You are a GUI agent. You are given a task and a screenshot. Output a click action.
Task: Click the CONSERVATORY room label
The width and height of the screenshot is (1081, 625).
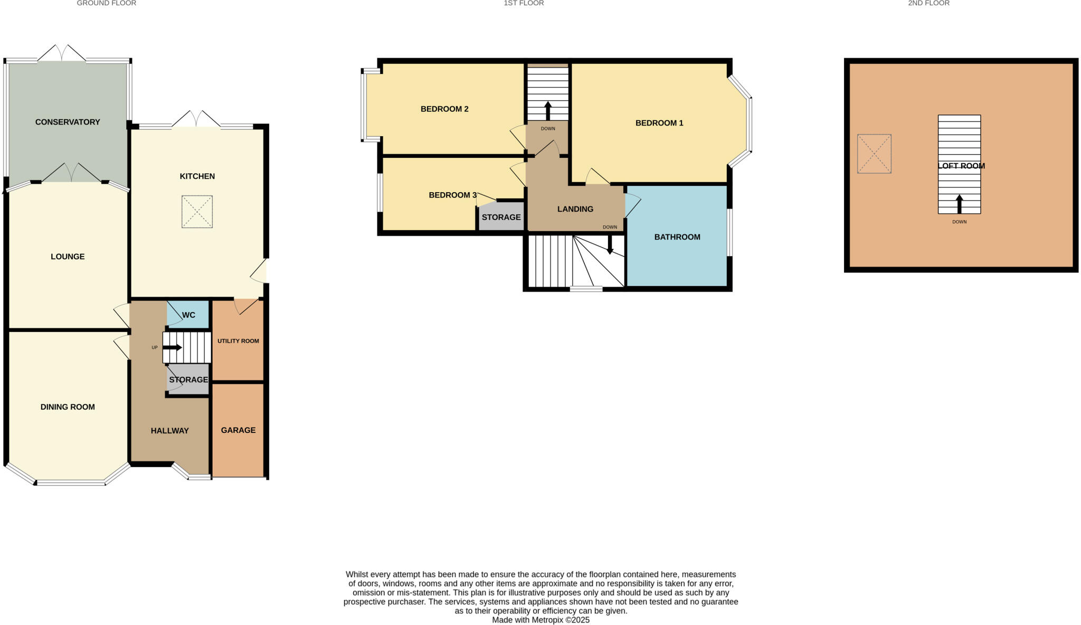click(68, 122)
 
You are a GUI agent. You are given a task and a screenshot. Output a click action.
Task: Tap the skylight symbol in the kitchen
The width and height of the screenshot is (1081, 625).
click(197, 212)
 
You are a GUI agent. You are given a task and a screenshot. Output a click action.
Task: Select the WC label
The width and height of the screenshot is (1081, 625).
click(188, 315)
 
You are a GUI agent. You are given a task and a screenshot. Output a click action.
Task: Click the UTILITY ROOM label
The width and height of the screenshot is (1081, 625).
click(238, 341)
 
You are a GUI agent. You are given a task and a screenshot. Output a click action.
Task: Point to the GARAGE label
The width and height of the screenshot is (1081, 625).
click(238, 430)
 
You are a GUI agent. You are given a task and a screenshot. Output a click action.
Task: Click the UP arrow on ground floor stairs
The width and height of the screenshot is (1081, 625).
click(173, 347)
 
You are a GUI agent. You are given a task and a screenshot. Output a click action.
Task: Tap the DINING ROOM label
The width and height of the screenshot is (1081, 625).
click(68, 407)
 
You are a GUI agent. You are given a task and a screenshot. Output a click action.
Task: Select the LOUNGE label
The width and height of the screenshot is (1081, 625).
click(68, 257)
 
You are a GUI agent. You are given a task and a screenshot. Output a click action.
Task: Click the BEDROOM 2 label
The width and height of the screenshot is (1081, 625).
click(444, 109)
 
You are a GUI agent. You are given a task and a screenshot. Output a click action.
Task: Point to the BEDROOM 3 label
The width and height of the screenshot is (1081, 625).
click(452, 195)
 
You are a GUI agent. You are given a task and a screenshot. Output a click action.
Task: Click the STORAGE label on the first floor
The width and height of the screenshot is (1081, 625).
click(501, 217)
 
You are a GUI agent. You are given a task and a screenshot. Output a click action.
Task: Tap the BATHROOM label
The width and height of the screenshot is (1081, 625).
click(677, 237)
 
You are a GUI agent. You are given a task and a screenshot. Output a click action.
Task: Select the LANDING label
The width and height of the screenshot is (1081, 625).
click(575, 209)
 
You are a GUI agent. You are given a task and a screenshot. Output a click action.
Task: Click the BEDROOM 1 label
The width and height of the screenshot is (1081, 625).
click(659, 123)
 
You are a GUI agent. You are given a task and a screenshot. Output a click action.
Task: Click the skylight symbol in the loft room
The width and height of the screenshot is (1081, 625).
click(874, 154)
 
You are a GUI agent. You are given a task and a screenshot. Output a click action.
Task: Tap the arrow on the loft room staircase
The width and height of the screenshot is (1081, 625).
click(959, 204)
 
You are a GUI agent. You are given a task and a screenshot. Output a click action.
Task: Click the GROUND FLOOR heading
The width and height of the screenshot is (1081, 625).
click(107, 3)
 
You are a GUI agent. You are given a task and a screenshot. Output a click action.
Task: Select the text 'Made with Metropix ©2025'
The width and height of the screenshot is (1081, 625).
click(540, 620)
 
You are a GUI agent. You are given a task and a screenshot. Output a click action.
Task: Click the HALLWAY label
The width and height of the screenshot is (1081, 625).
click(169, 431)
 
